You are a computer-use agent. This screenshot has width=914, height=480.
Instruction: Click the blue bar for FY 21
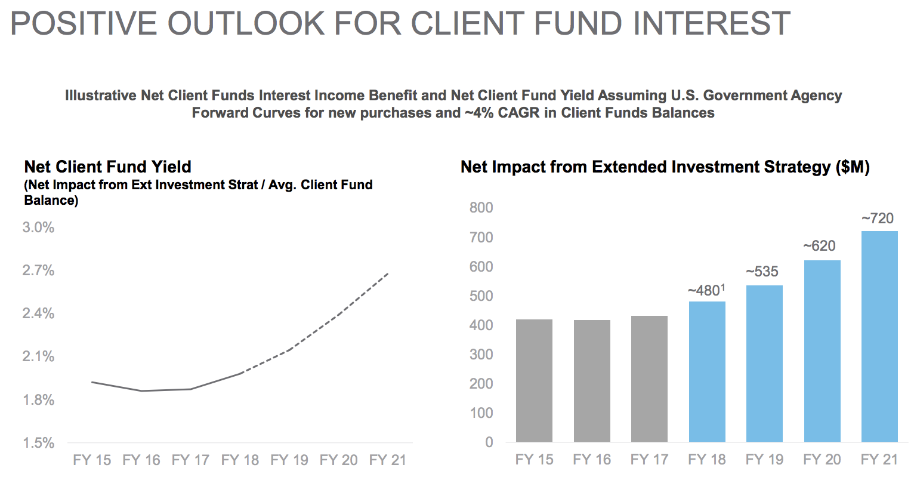(x=879, y=336)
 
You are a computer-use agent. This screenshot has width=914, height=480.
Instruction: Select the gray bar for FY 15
(x=534, y=380)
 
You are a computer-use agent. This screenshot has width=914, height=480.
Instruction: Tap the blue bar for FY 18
(x=707, y=371)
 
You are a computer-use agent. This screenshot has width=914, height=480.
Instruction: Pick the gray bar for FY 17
(x=649, y=379)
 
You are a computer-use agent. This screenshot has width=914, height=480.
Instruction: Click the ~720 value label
(x=878, y=219)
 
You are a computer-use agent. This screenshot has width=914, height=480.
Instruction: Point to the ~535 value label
(x=762, y=272)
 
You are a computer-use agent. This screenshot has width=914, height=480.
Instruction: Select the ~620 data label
(x=819, y=246)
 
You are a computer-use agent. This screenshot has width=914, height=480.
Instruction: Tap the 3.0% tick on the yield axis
(x=38, y=227)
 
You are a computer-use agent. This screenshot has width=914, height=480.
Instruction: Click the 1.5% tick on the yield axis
(x=38, y=443)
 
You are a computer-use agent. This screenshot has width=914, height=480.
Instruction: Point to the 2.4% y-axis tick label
(x=38, y=313)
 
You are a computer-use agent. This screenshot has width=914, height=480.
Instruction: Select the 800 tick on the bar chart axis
(x=481, y=208)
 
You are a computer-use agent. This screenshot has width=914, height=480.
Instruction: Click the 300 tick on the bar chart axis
(x=481, y=354)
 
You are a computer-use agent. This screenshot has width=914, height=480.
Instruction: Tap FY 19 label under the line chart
(x=289, y=460)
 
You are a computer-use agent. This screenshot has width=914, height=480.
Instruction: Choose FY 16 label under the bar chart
(x=592, y=460)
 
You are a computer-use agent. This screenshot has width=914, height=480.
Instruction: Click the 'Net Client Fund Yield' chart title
(x=108, y=167)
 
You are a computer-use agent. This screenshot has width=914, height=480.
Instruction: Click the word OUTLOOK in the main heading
(x=246, y=23)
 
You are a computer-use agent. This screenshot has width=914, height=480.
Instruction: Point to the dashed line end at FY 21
(x=388, y=273)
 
